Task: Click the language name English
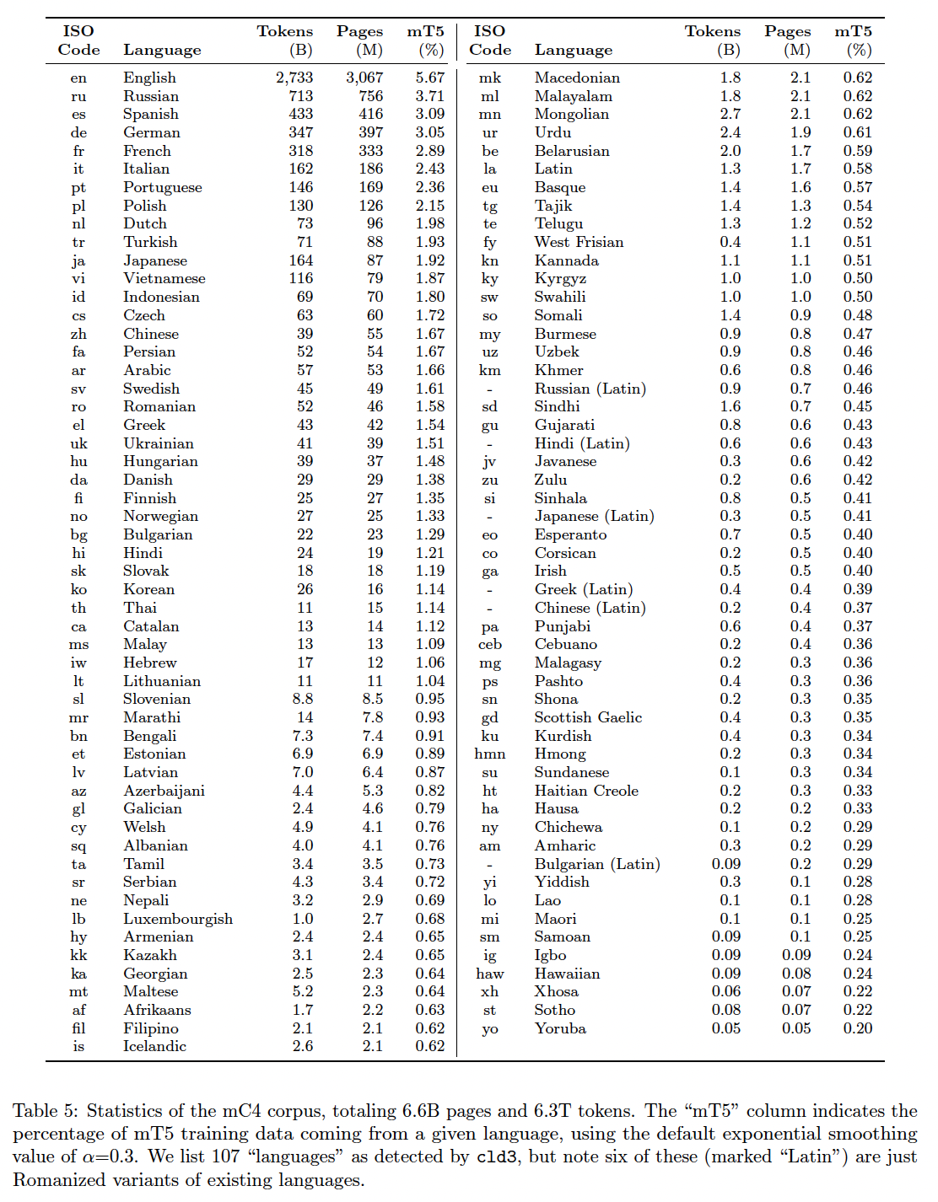[149, 78]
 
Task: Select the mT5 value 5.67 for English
[429, 78]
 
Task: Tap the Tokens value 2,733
[294, 78]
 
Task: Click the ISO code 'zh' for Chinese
[78, 334]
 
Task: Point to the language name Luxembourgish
[178, 919]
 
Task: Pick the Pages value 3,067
[364, 78]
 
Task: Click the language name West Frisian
[579, 242]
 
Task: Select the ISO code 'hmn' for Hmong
[489, 754]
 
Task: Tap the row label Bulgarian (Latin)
[597, 864]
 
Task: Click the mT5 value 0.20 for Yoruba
[858, 1028]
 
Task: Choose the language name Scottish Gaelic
[588, 717]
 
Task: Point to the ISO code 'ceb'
[489, 645]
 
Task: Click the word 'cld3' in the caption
[496, 1157]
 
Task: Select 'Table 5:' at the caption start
[47, 1111]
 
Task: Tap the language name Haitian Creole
[586, 791]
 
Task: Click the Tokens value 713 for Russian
[300, 96]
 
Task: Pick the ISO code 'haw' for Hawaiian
[489, 974]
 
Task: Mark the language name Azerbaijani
[164, 791]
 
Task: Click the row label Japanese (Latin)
[594, 516]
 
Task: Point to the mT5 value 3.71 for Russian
[429, 96]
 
